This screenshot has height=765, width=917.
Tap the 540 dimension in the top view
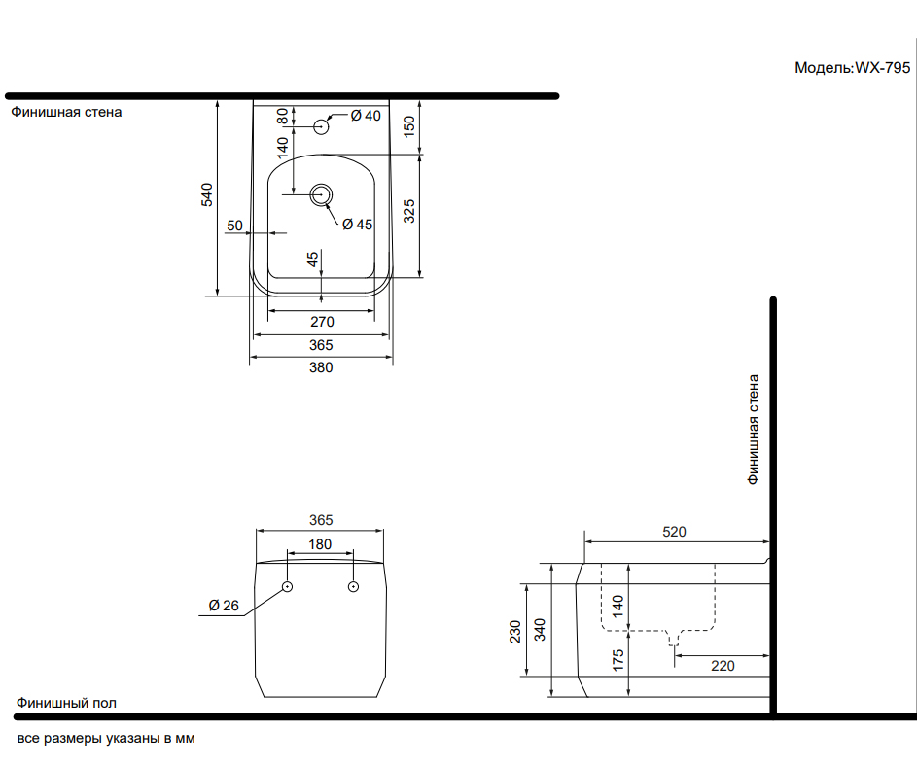click(x=207, y=194)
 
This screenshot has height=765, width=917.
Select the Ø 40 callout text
click(x=366, y=116)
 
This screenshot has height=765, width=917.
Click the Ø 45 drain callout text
click(x=357, y=225)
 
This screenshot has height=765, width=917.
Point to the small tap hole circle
click(x=321, y=126)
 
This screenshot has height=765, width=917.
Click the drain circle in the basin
click(x=321, y=194)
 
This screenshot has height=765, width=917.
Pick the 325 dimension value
click(x=409, y=211)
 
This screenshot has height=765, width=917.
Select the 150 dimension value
click(x=409, y=126)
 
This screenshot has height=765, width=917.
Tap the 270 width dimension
click(x=322, y=322)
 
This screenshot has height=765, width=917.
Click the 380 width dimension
click(x=321, y=367)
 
